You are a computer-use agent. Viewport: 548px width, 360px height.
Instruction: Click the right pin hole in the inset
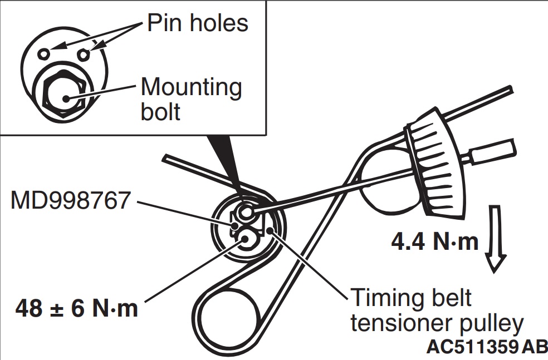click(x=84, y=54)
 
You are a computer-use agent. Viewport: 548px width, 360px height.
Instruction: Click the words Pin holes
click(x=198, y=23)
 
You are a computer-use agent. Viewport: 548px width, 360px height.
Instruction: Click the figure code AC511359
click(x=473, y=347)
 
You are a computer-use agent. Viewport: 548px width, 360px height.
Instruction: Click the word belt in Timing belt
click(x=448, y=298)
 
